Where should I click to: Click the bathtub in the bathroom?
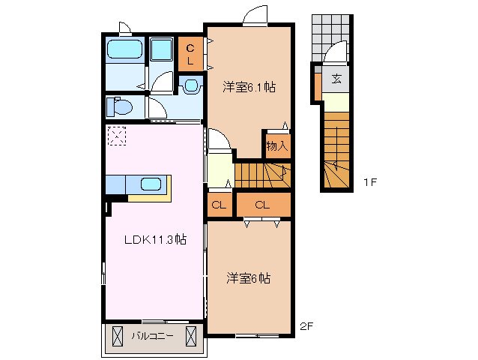click(x=125, y=50)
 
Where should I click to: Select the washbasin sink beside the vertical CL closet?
click(x=190, y=85)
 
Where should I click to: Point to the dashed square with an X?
click(x=118, y=136)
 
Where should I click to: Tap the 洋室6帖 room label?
click(x=249, y=278)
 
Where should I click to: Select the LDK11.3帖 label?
click(x=155, y=240)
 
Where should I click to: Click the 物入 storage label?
click(x=276, y=145)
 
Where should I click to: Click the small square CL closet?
click(x=219, y=205)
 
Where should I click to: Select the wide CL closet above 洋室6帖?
click(x=262, y=205)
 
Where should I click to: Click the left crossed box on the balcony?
click(x=118, y=335)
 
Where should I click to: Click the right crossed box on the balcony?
click(x=192, y=335)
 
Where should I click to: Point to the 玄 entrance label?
click(x=336, y=78)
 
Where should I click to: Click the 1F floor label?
click(x=370, y=182)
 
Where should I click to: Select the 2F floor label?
click(x=305, y=327)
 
